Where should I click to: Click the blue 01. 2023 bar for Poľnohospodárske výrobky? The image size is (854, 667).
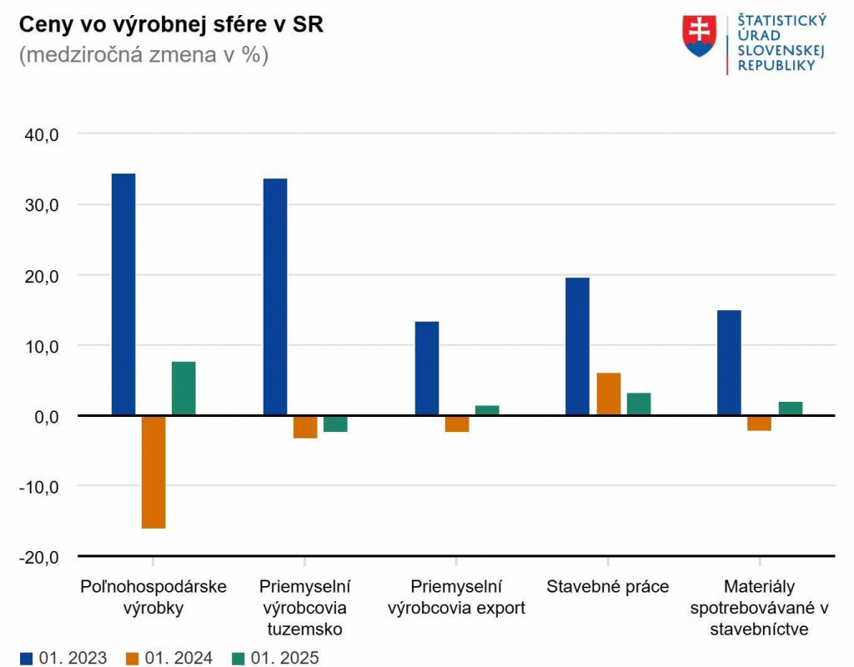coord(123,293)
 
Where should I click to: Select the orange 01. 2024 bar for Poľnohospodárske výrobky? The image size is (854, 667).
coord(153,471)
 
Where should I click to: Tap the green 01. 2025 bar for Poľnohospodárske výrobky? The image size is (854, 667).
coord(183,389)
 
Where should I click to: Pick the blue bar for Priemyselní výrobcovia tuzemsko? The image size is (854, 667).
coord(275,296)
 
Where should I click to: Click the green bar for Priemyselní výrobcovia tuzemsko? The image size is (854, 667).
coord(335,424)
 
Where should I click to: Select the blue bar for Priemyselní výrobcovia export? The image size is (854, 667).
coord(426,368)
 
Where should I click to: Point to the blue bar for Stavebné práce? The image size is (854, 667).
coord(577,346)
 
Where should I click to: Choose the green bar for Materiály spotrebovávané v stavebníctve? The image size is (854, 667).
coord(790,409)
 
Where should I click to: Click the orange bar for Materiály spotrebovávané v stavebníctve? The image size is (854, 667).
coord(759,423)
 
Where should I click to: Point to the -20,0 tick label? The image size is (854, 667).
coord(39,556)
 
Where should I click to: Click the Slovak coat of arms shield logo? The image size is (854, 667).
coord(699,36)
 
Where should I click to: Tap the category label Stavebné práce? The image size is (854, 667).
coord(607,586)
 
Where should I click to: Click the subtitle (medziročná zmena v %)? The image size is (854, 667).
coord(143,56)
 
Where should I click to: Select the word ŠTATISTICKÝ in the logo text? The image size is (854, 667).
coord(781,21)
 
